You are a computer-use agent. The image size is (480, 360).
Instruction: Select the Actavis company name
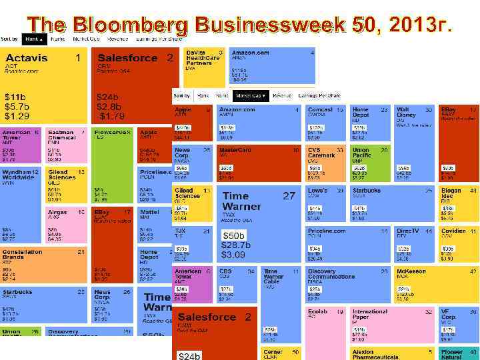coord(27,58)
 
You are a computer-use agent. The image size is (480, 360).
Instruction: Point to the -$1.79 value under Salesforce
coord(110,116)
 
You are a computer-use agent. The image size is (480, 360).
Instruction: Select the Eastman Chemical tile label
coord(61,135)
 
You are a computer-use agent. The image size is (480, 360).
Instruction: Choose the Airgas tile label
coord(57,212)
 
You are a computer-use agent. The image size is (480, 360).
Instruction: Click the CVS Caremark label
coord(321,153)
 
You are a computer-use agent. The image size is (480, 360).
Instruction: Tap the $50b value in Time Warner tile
coord(233,236)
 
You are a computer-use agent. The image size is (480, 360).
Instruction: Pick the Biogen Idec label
coord(451,193)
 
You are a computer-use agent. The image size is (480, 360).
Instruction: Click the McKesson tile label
coord(411,271)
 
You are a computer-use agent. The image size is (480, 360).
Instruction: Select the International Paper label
coord(369,314)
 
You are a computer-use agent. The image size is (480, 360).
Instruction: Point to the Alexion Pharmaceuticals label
coord(372,354)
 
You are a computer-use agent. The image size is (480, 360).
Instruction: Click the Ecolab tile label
coord(317,311)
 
